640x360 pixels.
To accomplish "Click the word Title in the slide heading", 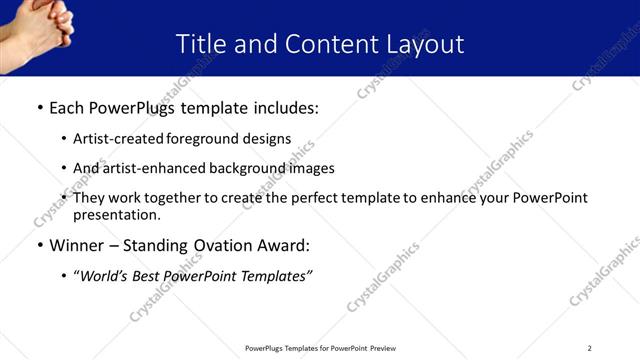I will (x=200, y=44).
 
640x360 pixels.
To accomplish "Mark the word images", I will (x=310, y=168).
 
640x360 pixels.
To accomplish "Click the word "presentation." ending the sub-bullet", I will (x=116, y=214).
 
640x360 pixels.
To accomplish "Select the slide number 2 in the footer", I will (x=589, y=348).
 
